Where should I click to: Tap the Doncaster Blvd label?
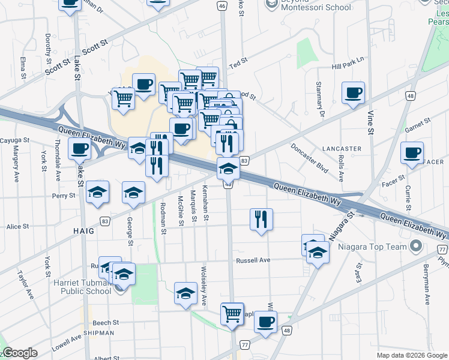[x=310, y=158]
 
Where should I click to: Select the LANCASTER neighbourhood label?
[x=342, y=148]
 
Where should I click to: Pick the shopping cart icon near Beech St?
[x=232, y=313]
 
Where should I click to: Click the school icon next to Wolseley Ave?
[x=186, y=293]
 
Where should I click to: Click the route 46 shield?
[x=223, y=6]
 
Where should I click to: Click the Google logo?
[x=20, y=353]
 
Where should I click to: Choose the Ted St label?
[x=238, y=62]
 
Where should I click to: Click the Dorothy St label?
[x=48, y=48]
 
